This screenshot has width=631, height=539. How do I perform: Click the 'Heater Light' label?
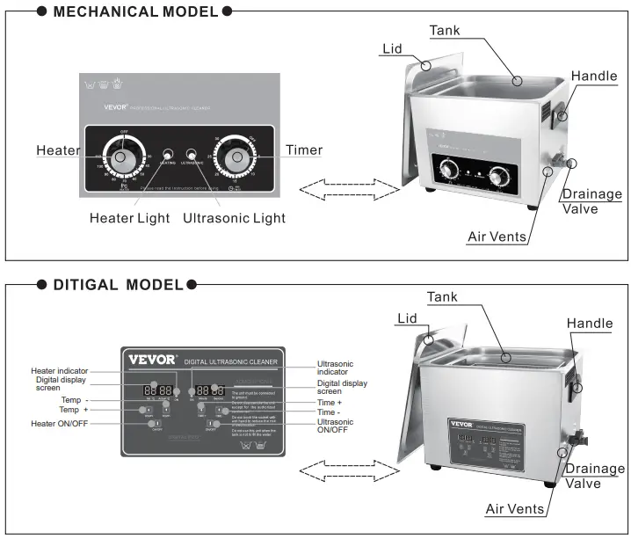click(130, 217)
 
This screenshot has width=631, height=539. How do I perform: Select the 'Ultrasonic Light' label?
click(234, 217)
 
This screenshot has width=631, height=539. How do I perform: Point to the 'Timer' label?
click(303, 150)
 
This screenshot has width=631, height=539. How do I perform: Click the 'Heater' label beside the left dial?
click(58, 150)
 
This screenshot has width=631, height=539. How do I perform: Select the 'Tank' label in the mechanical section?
click(445, 31)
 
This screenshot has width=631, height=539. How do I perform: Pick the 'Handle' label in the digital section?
click(590, 324)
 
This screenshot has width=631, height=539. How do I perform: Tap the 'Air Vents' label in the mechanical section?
click(497, 236)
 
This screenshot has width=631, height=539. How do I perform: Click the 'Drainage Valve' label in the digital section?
click(593, 477)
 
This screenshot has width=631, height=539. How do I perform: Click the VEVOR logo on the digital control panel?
click(153, 360)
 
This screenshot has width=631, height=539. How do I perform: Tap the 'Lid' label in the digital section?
click(407, 318)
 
